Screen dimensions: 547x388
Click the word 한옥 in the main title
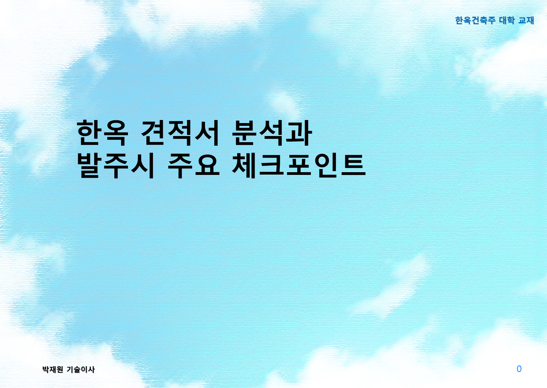102,133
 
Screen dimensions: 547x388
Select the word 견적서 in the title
180,133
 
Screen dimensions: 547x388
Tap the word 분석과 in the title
272,133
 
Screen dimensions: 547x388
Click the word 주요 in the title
193,165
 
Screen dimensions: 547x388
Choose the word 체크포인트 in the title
299,165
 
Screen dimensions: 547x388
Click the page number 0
519,369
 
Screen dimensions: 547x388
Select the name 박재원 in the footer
53,370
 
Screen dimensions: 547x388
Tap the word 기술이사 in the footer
81,370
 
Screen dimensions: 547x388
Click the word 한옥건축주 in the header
475,20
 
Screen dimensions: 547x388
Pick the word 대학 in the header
507,20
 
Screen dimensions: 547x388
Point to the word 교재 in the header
526,20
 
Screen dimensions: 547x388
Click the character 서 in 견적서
206,133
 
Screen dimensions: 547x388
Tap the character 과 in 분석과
299,133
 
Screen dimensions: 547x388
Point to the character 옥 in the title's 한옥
116,133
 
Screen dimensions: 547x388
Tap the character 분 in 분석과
245,133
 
